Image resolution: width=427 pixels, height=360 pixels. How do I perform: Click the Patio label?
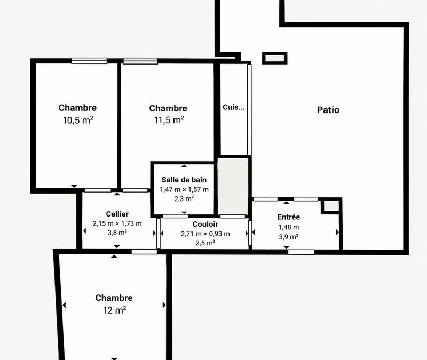click(x=328, y=110)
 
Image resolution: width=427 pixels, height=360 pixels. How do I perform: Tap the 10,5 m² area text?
click(x=78, y=120)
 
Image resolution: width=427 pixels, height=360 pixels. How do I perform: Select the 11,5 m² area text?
click(x=169, y=119)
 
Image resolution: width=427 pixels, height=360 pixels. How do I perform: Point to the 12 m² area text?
click(x=115, y=310)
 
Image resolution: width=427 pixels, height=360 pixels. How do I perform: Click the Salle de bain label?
click(x=184, y=180)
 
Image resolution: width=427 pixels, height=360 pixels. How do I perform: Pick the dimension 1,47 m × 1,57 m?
click(x=184, y=190)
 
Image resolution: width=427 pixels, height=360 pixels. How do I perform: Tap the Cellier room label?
click(x=117, y=214)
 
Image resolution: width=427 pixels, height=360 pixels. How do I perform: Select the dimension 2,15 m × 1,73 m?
click(x=117, y=223)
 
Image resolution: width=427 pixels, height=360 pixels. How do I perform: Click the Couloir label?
click(x=205, y=224)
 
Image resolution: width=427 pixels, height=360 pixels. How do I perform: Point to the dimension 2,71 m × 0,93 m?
click(x=205, y=234)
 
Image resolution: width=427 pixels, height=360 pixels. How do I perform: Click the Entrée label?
click(x=289, y=217)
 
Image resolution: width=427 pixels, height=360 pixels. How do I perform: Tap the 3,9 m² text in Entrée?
click(x=289, y=237)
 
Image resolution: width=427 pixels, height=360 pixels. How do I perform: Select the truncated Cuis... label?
click(x=234, y=107)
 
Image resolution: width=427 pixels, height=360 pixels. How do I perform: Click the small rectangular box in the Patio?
click(x=275, y=58)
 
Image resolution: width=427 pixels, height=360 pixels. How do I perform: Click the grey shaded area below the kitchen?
click(x=233, y=186)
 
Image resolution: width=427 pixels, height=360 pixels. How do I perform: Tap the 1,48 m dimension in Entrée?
click(x=289, y=227)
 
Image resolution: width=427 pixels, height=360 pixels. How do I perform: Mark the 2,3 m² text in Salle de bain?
click(x=184, y=198)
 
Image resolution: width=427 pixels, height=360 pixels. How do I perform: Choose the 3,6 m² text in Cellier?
click(x=117, y=233)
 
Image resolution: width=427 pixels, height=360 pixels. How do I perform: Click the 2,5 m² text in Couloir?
click(x=205, y=243)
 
